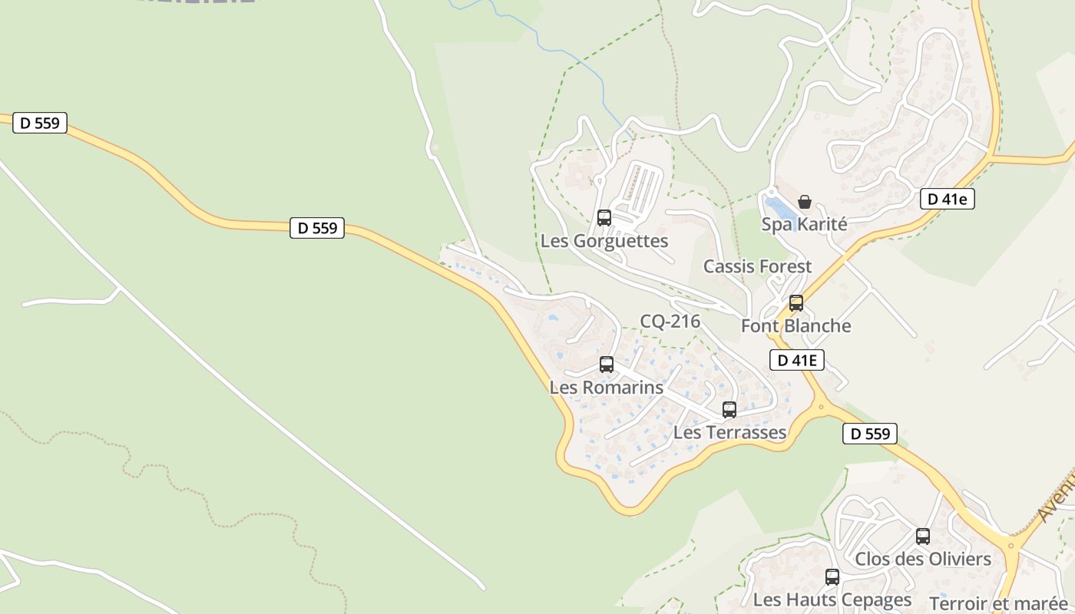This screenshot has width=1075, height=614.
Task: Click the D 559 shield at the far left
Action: point(40,123)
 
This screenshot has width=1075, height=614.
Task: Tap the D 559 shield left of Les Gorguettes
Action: point(317,228)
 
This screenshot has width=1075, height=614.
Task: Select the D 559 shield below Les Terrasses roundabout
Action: point(870,434)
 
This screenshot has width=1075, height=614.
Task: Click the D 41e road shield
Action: point(947,200)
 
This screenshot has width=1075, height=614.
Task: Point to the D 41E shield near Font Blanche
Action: point(796,360)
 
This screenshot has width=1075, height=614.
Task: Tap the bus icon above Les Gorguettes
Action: point(604,218)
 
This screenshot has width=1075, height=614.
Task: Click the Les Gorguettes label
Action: point(604,241)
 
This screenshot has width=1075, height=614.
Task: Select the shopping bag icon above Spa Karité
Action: point(805,202)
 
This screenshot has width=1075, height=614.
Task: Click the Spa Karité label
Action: point(804,224)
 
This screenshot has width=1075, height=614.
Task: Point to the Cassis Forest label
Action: point(757,266)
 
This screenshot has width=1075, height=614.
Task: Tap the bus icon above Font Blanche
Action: point(796,303)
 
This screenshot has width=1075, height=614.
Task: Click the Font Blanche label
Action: point(795,326)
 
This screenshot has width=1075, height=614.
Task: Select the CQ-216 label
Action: point(670,322)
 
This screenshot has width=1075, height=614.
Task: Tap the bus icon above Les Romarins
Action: point(607,365)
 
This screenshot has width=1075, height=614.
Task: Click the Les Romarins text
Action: point(606,388)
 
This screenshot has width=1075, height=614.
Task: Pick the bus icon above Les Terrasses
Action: point(729,410)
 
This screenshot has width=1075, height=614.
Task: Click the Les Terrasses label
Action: point(729,433)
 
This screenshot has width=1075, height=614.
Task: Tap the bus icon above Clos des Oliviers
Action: point(923,536)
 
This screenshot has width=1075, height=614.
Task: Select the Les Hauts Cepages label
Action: point(832,599)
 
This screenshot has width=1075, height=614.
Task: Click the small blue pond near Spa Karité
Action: point(780,208)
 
